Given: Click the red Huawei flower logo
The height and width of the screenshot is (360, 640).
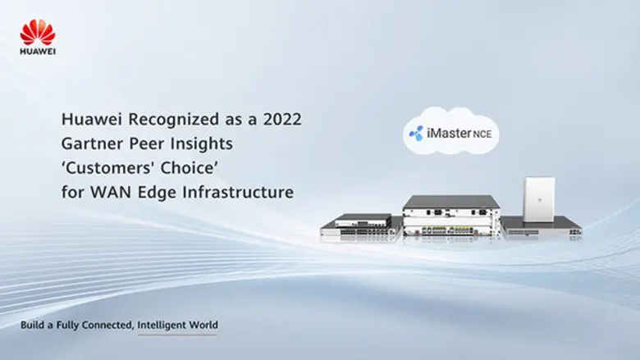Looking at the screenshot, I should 38,32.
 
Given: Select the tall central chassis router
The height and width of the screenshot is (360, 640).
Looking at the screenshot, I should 450,216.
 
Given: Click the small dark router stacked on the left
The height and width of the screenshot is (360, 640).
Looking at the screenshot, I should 363,219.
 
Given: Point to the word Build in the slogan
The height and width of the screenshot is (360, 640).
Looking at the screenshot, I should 34,326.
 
